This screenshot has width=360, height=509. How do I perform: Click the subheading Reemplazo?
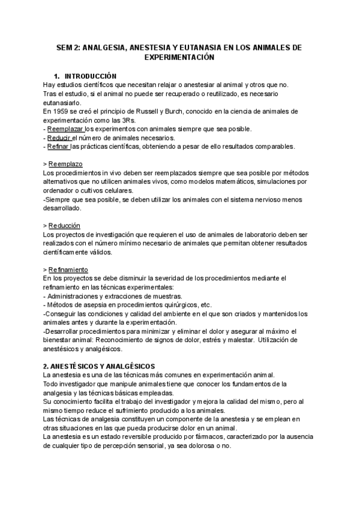pos(65,164)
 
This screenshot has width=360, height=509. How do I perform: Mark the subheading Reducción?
pos(64,225)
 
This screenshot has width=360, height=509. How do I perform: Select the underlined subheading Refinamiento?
pos(68,270)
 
